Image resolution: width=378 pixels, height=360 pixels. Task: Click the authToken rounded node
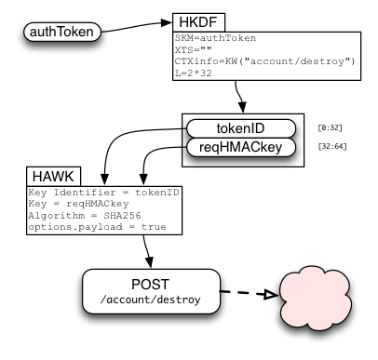tap(62, 32)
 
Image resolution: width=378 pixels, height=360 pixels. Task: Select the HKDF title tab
tap(198, 22)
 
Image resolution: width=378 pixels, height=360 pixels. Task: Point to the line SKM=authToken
tap(215, 38)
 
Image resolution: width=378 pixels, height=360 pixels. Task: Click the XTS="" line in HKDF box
tap(194, 49)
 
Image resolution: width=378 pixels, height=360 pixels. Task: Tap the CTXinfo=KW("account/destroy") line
tap(264, 61)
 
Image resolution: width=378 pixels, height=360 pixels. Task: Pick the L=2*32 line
tap(194, 73)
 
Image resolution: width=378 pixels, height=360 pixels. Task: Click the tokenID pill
tap(241, 128)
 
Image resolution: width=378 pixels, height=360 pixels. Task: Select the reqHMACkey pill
tap(241, 147)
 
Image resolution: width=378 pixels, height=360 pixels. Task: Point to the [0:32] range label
tap(330, 127)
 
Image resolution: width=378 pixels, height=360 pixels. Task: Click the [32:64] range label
tap(332, 146)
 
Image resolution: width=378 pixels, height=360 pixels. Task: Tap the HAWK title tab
tap(53, 177)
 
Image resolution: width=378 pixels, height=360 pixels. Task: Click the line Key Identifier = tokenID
tap(103, 193)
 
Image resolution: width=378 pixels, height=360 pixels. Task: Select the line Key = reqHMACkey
tap(78, 204)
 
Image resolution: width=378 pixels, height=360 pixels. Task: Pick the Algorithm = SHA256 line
tap(85, 216)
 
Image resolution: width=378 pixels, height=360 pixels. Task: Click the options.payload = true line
tap(97, 227)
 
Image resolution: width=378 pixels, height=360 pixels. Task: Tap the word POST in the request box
tap(151, 285)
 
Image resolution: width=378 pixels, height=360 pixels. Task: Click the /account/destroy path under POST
tap(151, 300)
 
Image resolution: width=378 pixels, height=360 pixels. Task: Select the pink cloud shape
tap(316, 298)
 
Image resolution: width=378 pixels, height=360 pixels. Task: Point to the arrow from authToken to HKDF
tap(137, 26)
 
